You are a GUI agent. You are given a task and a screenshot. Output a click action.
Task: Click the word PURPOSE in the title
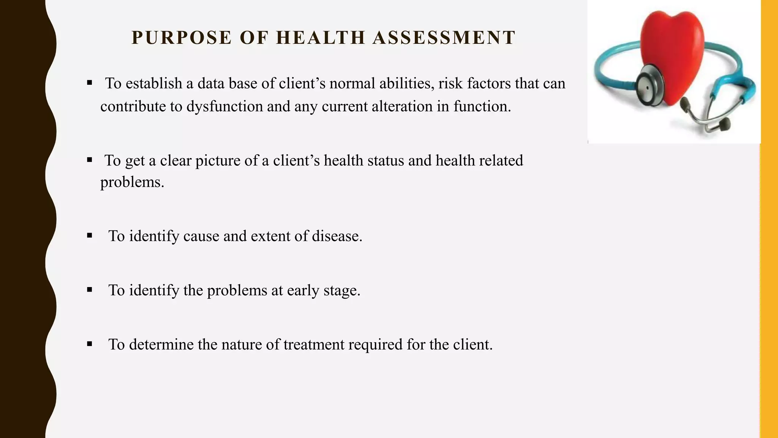pyautogui.click(x=181, y=38)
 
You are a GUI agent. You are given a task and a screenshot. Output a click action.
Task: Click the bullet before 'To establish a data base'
pyautogui.click(x=90, y=83)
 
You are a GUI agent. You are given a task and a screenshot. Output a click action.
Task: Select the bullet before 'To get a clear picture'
pyautogui.click(x=90, y=160)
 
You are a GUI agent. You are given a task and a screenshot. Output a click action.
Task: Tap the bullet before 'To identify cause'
pyautogui.click(x=90, y=236)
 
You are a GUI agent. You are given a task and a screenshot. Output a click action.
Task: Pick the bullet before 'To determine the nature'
pyautogui.click(x=90, y=344)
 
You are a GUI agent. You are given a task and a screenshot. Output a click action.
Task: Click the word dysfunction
pyautogui.click(x=225, y=106)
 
